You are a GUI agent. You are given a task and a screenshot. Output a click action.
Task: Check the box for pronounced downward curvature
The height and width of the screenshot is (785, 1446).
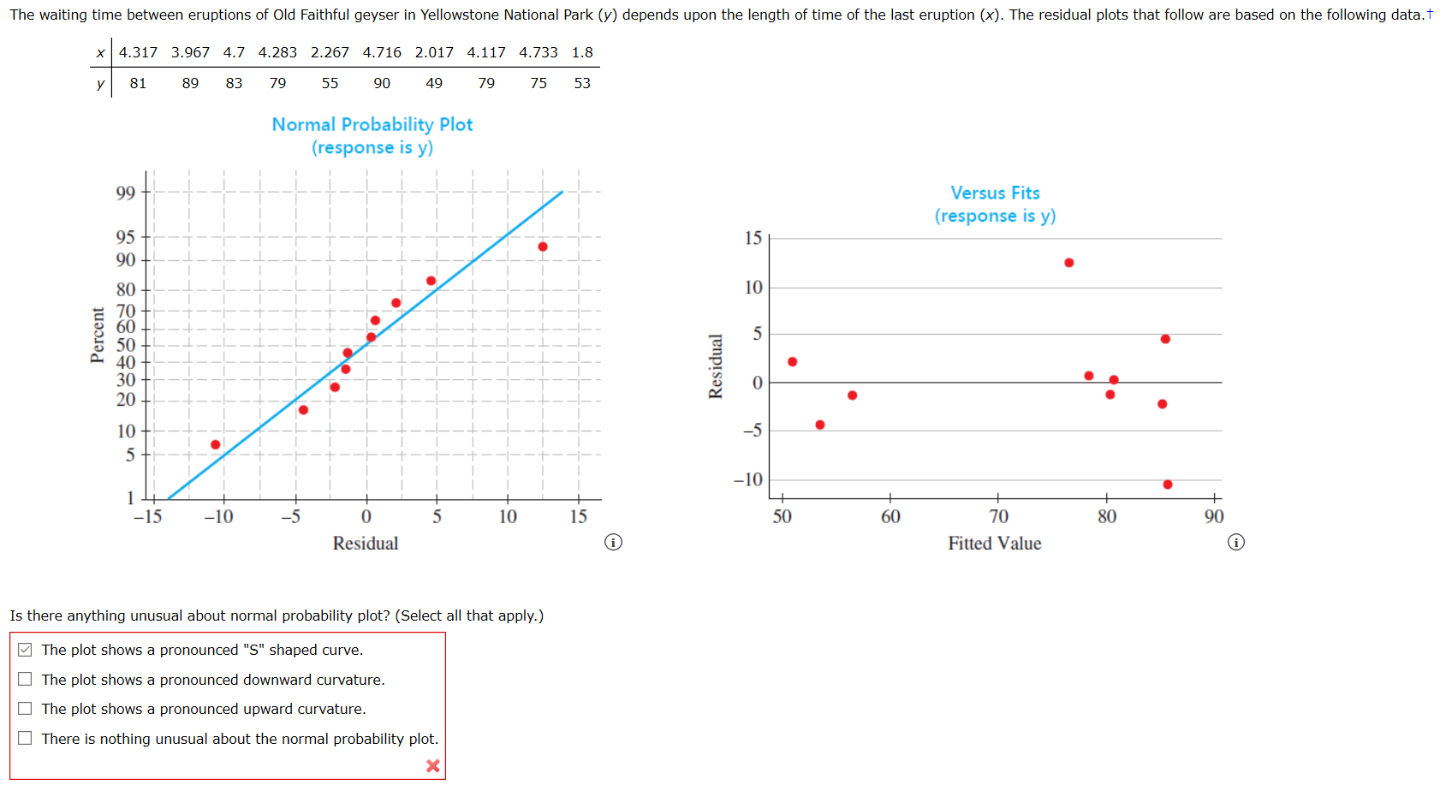click(x=26, y=679)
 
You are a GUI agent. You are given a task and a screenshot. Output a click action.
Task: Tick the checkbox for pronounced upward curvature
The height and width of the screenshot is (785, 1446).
click(x=26, y=709)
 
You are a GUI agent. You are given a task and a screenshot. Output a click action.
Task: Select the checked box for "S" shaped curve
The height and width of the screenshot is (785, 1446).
click(x=26, y=650)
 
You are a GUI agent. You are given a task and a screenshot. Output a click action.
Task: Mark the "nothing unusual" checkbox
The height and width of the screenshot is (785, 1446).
click(x=26, y=738)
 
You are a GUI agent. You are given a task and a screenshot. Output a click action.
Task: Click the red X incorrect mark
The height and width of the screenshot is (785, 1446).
click(x=432, y=765)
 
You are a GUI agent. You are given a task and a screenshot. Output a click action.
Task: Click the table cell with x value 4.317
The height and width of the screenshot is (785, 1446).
click(x=138, y=52)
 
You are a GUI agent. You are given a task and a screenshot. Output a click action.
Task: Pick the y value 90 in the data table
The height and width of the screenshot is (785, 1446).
click(x=382, y=83)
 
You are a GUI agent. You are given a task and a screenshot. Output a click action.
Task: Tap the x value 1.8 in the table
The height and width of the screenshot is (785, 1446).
click(x=582, y=52)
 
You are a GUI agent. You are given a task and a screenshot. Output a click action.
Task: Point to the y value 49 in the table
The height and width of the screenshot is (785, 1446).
click(x=434, y=83)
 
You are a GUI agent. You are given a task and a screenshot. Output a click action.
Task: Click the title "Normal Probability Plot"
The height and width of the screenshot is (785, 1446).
click(x=372, y=125)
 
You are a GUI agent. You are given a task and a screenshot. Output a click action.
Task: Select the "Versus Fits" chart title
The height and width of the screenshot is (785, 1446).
click(x=995, y=193)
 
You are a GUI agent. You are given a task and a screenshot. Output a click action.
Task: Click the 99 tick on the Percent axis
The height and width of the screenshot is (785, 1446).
click(x=126, y=193)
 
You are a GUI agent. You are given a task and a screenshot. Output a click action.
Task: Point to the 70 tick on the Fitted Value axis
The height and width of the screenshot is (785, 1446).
click(x=998, y=516)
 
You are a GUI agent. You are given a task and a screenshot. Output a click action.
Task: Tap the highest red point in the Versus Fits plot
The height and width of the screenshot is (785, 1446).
click(x=1068, y=263)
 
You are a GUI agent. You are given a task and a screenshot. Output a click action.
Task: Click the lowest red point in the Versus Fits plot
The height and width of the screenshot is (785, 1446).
click(x=1167, y=485)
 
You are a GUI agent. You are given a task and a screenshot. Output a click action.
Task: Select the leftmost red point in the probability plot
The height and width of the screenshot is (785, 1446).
click(x=216, y=444)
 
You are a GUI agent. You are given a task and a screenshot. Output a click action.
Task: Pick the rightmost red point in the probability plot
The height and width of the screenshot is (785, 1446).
click(x=543, y=247)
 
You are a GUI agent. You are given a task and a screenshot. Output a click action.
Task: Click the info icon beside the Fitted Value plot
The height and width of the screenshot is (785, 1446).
click(x=1235, y=542)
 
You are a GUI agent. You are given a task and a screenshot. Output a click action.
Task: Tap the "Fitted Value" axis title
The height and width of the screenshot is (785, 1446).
click(x=994, y=544)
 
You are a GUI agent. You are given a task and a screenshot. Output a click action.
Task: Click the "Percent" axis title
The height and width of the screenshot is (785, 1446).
click(x=98, y=335)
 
